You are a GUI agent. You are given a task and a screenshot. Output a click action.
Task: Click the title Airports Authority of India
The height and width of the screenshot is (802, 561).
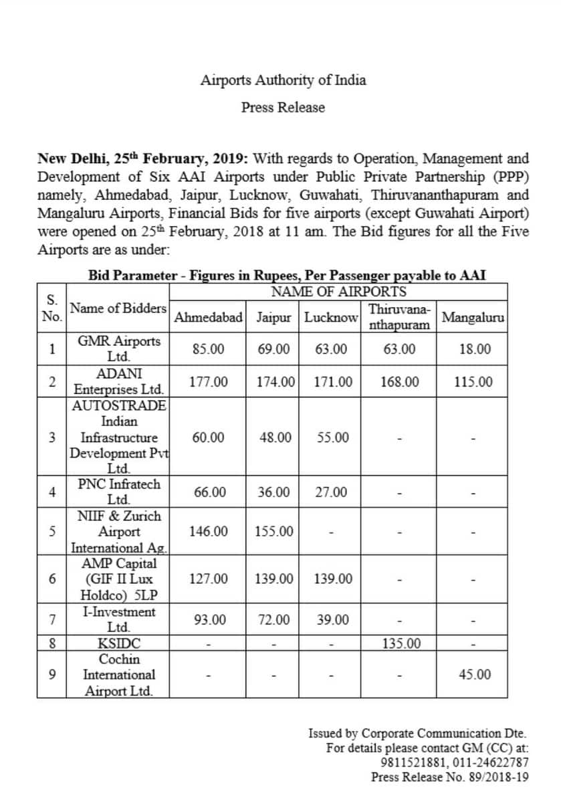[x=283, y=80]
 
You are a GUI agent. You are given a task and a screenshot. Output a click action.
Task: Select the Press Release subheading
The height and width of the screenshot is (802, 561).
[x=283, y=107]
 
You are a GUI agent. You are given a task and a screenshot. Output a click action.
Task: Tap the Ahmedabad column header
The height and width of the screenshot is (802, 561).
[x=208, y=316]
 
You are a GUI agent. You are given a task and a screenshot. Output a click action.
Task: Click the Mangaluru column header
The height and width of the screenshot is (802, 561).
[x=473, y=316]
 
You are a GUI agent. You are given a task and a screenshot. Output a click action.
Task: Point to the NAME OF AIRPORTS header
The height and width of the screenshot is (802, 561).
[x=338, y=292]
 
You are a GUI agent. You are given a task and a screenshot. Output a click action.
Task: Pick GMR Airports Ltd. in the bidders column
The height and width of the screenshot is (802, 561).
[x=119, y=348]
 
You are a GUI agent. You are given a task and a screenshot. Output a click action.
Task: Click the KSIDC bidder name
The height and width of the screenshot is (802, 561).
[x=119, y=643]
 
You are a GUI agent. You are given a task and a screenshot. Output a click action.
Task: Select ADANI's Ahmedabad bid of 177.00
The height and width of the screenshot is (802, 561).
[x=208, y=382]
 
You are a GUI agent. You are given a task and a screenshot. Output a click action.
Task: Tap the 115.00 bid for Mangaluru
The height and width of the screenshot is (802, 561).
[x=473, y=382]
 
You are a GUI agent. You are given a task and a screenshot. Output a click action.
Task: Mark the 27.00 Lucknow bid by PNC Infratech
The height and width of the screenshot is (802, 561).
[x=332, y=492]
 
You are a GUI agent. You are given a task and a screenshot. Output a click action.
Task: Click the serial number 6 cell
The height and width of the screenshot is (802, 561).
[x=51, y=579]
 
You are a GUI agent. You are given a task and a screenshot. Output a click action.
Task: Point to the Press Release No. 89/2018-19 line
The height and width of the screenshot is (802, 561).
[x=450, y=777]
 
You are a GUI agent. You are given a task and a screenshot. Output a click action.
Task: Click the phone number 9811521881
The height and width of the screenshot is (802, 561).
[x=413, y=762]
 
